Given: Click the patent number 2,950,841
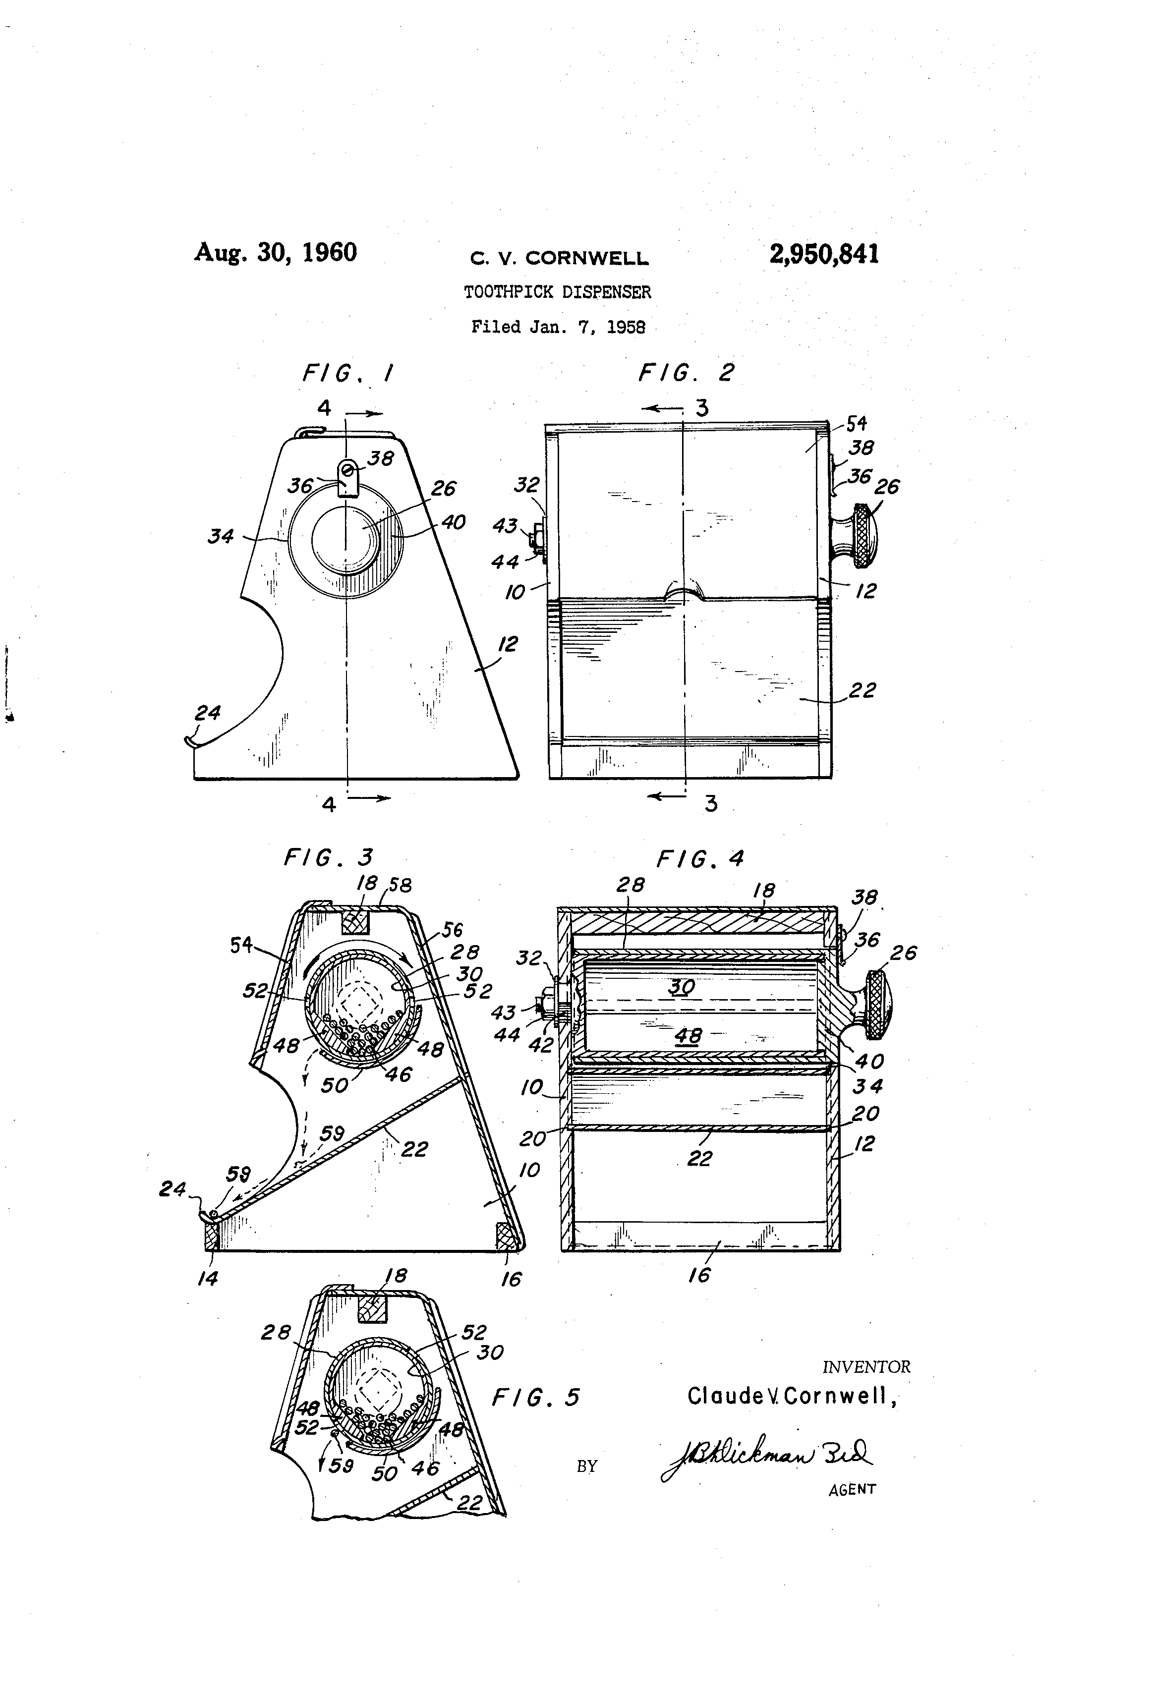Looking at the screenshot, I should click(x=824, y=254).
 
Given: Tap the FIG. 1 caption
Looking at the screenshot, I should click(x=347, y=374).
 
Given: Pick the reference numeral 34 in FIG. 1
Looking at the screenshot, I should click(x=220, y=536).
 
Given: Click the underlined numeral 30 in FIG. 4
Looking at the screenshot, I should click(x=681, y=986).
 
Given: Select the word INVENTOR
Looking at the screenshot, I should click(x=866, y=1367).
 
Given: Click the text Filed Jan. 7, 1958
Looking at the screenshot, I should click(x=558, y=327).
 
